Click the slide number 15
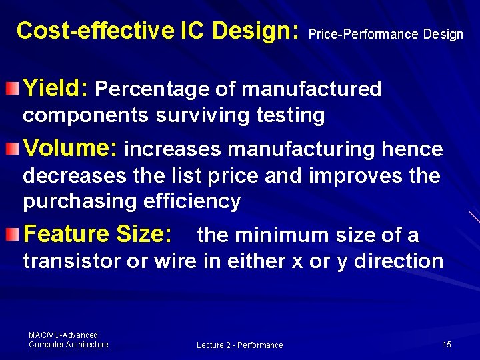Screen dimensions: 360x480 447,344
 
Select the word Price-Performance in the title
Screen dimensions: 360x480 363,34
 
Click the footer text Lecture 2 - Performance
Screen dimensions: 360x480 239,345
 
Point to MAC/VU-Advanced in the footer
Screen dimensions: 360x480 63,335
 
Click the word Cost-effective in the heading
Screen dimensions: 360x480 93,30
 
